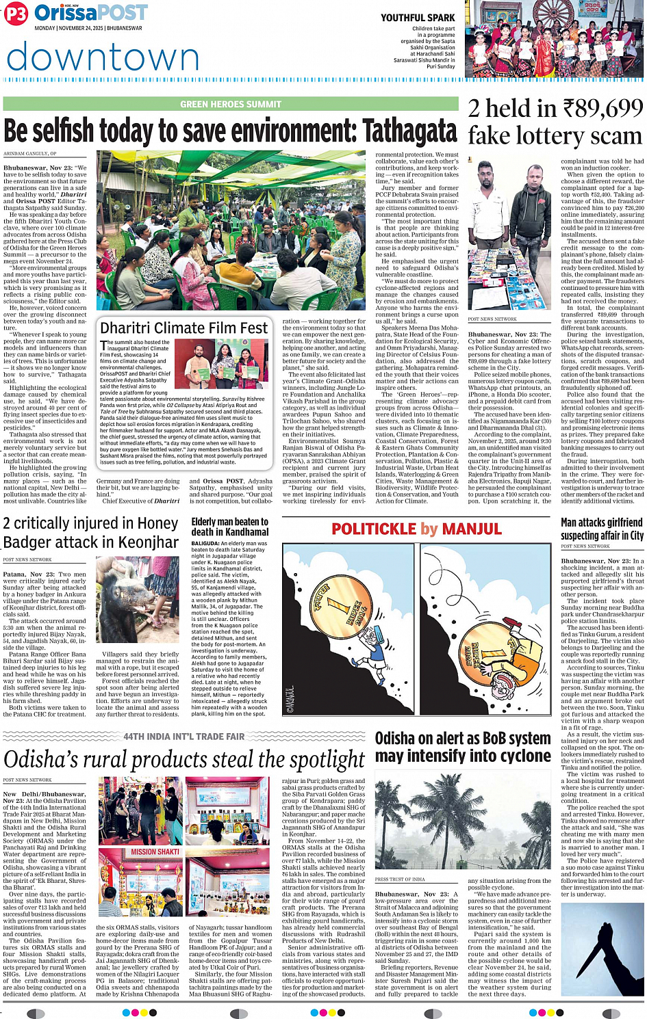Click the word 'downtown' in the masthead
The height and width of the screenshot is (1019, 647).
[x=103, y=56]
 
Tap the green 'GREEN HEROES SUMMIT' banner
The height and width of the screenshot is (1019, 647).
[x=231, y=104]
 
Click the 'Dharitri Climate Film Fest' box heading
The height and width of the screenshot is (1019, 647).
[x=183, y=328]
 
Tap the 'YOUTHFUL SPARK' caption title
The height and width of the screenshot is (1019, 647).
[x=418, y=18]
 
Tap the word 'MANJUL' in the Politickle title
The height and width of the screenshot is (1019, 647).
[x=472, y=529]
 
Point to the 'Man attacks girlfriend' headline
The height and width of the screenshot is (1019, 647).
[x=602, y=522]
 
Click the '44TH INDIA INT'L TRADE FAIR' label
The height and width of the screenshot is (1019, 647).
[x=183, y=737]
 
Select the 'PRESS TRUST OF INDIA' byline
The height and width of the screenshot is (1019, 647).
[x=400, y=879]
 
